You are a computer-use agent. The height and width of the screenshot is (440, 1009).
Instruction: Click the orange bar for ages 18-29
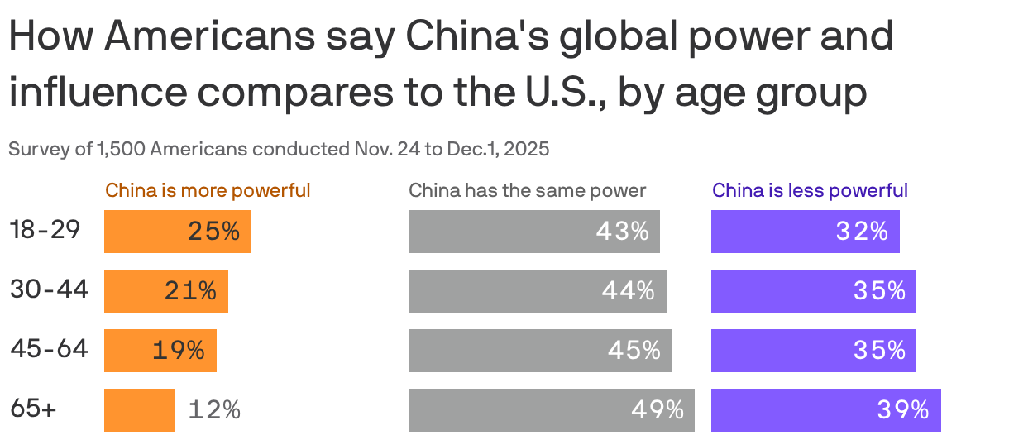(x=177, y=232)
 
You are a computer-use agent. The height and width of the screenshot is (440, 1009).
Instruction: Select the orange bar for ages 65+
(x=139, y=410)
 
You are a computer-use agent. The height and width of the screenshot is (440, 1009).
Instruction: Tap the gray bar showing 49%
(x=551, y=410)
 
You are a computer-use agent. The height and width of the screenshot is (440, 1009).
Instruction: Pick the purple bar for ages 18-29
(x=805, y=232)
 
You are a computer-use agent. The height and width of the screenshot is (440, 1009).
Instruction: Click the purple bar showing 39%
(x=825, y=410)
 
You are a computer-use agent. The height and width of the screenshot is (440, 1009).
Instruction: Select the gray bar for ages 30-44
(x=537, y=291)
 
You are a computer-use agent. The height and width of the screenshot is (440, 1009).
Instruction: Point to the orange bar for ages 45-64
(x=160, y=351)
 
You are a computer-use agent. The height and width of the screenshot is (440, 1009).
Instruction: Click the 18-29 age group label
(x=45, y=231)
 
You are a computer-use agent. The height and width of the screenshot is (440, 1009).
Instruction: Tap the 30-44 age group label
(x=49, y=290)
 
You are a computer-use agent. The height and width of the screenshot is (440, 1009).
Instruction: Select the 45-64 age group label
(x=49, y=350)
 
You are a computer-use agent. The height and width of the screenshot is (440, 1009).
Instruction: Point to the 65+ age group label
(x=33, y=409)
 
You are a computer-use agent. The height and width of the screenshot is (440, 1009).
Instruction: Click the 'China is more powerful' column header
(x=208, y=190)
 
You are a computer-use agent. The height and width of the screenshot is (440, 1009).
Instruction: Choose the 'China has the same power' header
(x=528, y=190)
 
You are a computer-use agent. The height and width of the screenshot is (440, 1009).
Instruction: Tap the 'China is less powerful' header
(x=810, y=190)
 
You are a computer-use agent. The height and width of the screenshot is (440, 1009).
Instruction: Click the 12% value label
(x=214, y=409)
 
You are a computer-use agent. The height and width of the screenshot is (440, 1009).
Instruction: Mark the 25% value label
(x=213, y=232)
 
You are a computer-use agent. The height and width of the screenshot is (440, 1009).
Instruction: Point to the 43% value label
(x=622, y=232)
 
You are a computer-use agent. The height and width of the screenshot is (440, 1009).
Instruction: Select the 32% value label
(x=862, y=232)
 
